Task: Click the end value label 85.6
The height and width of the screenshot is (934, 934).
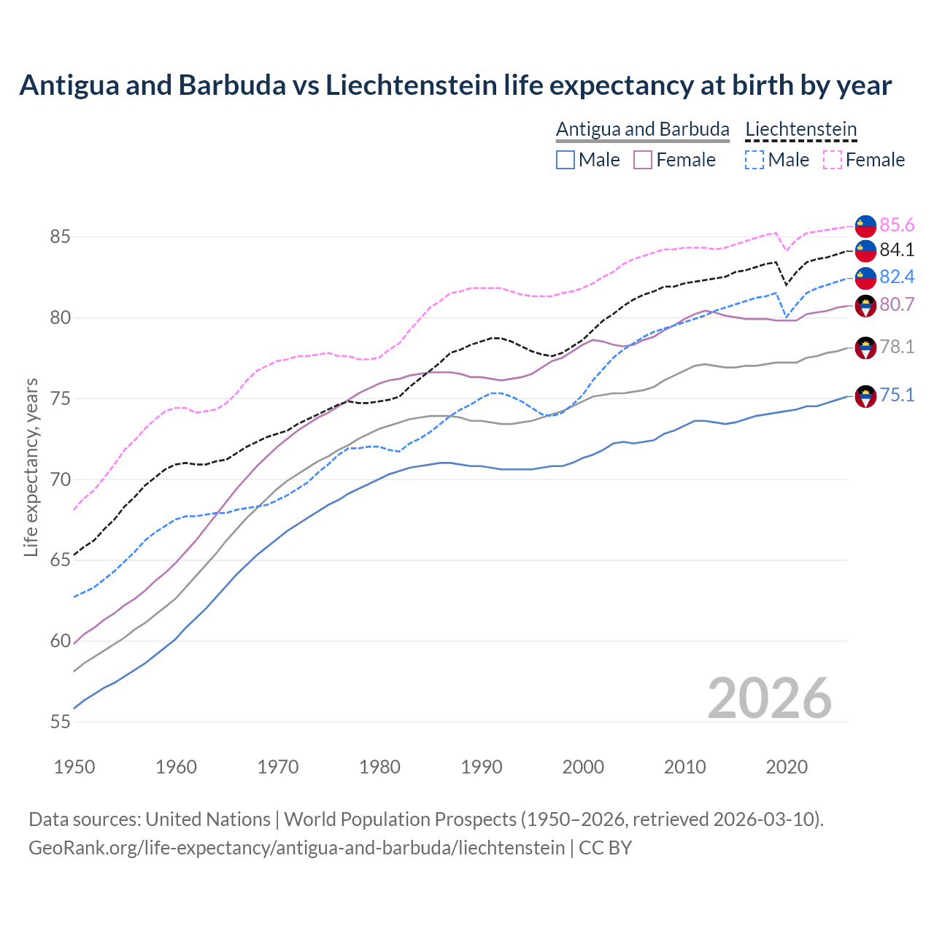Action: pos(897,225)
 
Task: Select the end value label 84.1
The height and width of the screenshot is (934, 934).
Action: pos(897,250)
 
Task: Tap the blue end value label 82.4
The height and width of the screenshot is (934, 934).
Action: pos(897,277)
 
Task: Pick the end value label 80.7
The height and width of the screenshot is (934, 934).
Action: pos(897,304)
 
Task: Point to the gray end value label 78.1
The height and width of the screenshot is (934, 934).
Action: pos(897,347)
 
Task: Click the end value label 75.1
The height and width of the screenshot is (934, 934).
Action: pos(897,395)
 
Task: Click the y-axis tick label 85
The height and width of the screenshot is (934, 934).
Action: pos(61,237)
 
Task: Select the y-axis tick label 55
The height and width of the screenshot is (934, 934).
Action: pos(61,722)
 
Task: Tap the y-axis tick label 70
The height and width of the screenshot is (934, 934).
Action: pos(61,479)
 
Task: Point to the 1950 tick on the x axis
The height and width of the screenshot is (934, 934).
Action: pos(74,767)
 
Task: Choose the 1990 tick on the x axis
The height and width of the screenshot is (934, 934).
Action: pos(482,767)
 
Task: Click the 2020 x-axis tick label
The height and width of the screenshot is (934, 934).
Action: pos(787,767)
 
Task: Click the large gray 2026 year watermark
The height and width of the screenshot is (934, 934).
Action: pos(769,698)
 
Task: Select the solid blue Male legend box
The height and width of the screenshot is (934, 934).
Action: pos(566,160)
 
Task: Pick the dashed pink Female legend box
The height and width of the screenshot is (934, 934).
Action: pos(833,160)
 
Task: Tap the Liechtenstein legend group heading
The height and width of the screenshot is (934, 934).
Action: pos(800,129)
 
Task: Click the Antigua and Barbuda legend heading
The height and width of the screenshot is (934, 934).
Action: pos(642,129)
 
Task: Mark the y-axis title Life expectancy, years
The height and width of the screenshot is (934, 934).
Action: pos(31,467)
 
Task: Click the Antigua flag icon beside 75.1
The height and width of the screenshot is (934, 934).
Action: pos(865,396)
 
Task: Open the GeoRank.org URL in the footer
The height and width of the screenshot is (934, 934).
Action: pos(296,848)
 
